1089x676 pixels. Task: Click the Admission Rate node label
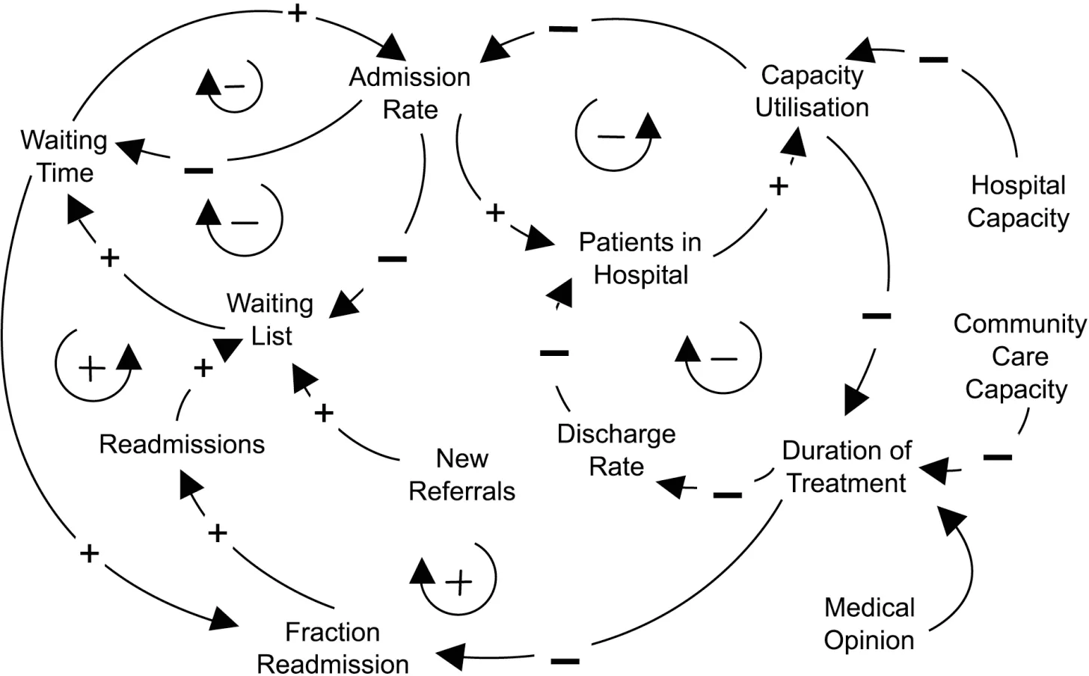(x=410, y=93)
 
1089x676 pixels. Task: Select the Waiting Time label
(x=64, y=156)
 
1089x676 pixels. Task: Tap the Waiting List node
(x=270, y=319)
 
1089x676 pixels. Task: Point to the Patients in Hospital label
(x=640, y=258)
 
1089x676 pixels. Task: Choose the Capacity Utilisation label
(x=812, y=90)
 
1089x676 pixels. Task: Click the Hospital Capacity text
(x=1017, y=201)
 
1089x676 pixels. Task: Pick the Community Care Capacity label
(x=1019, y=356)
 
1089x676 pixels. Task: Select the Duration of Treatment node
(x=847, y=467)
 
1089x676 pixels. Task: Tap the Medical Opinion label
(x=869, y=624)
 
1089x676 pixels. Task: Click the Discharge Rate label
(x=616, y=449)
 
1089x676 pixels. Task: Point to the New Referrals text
(x=462, y=474)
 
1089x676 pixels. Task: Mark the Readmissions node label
(x=182, y=444)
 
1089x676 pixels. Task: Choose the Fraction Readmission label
(x=333, y=648)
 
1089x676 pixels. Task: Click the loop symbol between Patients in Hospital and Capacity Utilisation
(x=618, y=135)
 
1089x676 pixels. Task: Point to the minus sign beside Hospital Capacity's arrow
(x=933, y=59)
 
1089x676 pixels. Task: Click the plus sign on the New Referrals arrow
(x=323, y=413)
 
